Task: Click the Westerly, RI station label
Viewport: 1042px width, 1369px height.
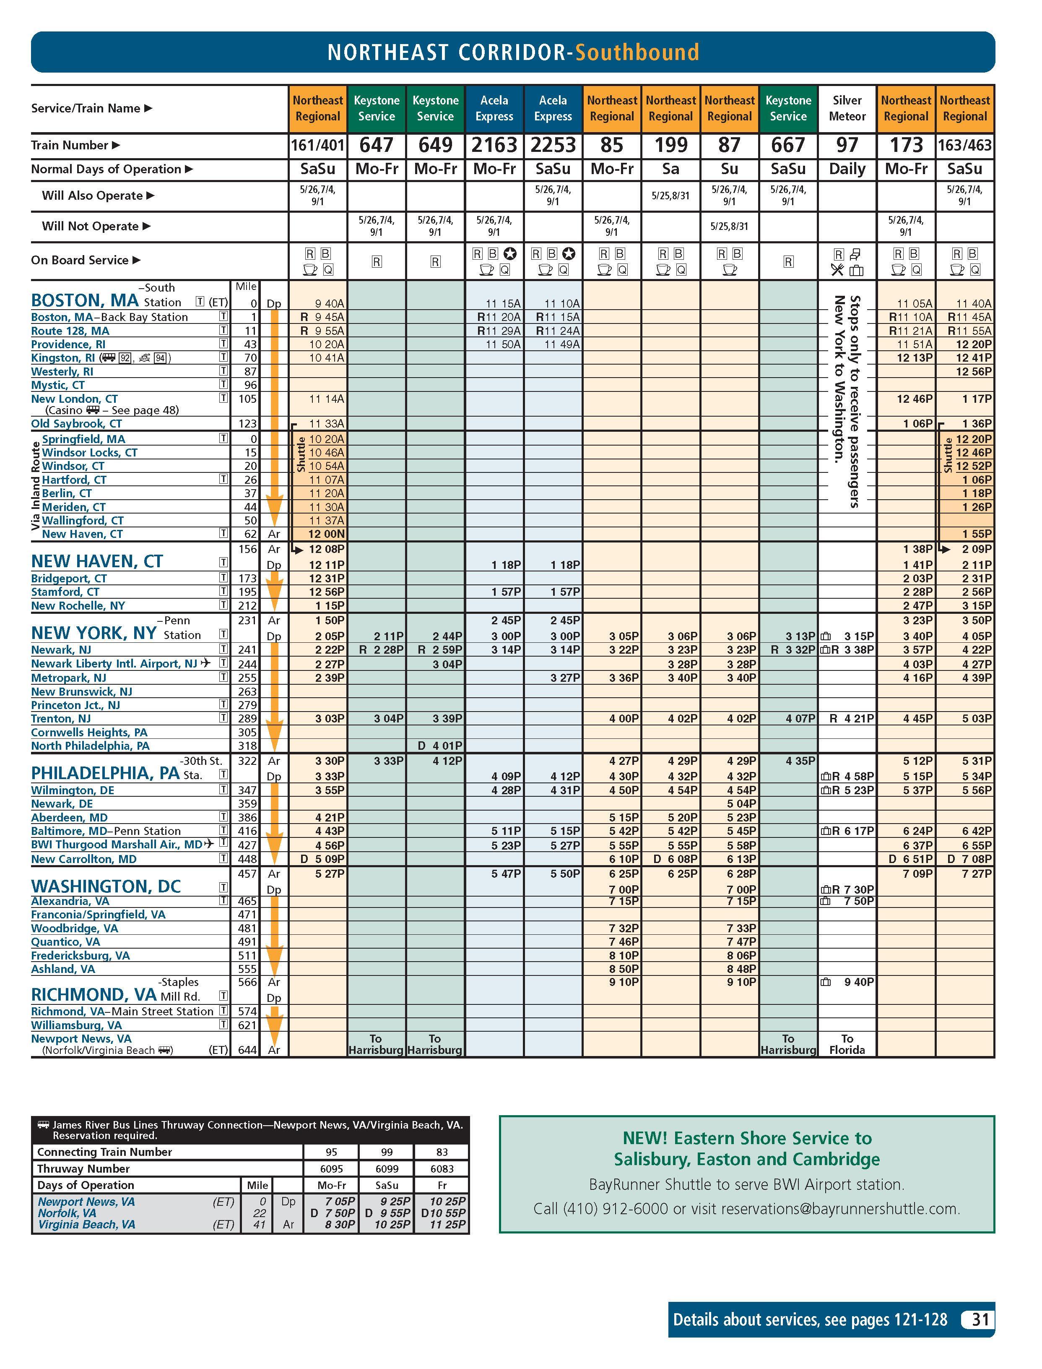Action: coord(62,372)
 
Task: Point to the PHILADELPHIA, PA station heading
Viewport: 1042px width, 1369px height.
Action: coord(105,773)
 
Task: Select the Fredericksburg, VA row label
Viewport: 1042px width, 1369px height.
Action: coord(81,956)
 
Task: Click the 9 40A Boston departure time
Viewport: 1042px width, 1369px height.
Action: coord(329,303)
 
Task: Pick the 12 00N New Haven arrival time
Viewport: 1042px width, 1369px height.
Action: coord(327,534)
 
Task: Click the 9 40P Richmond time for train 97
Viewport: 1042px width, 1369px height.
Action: coord(858,982)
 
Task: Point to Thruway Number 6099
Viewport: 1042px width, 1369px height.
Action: coord(387,1168)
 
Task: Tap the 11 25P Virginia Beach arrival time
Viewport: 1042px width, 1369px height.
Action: coord(448,1224)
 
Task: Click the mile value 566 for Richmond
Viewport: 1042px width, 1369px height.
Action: coord(247,982)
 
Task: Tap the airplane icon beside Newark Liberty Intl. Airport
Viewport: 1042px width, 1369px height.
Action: coord(206,663)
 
